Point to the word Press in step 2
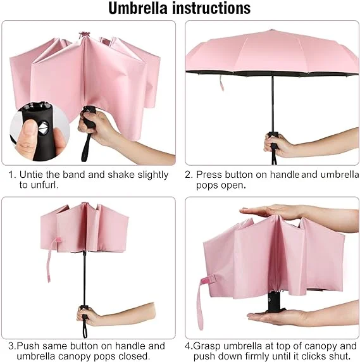coord(209,174)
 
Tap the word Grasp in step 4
coord(209,346)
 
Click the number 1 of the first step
coord(11,174)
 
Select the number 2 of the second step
coord(188,174)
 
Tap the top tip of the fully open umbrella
coord(271,30)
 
